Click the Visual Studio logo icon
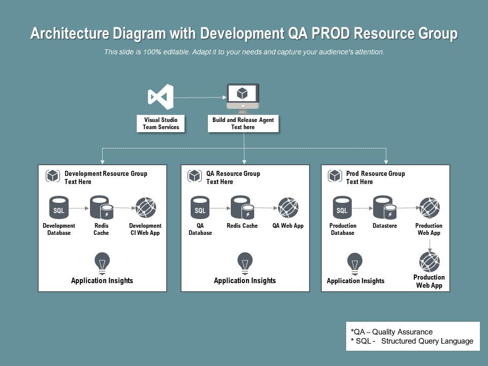161,97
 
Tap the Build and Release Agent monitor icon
242,97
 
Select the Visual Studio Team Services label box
161,124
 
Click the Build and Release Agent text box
243,124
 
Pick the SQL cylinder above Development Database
59,208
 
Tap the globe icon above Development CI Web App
145,208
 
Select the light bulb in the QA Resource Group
245,262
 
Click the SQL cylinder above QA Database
200,208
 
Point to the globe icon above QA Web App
288,208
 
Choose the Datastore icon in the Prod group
384,208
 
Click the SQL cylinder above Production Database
342,208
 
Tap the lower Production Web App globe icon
429,262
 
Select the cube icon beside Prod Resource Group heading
335,176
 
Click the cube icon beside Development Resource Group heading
53,176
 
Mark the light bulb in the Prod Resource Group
355,262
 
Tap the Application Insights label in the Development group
102,281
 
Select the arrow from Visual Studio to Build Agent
200,97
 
